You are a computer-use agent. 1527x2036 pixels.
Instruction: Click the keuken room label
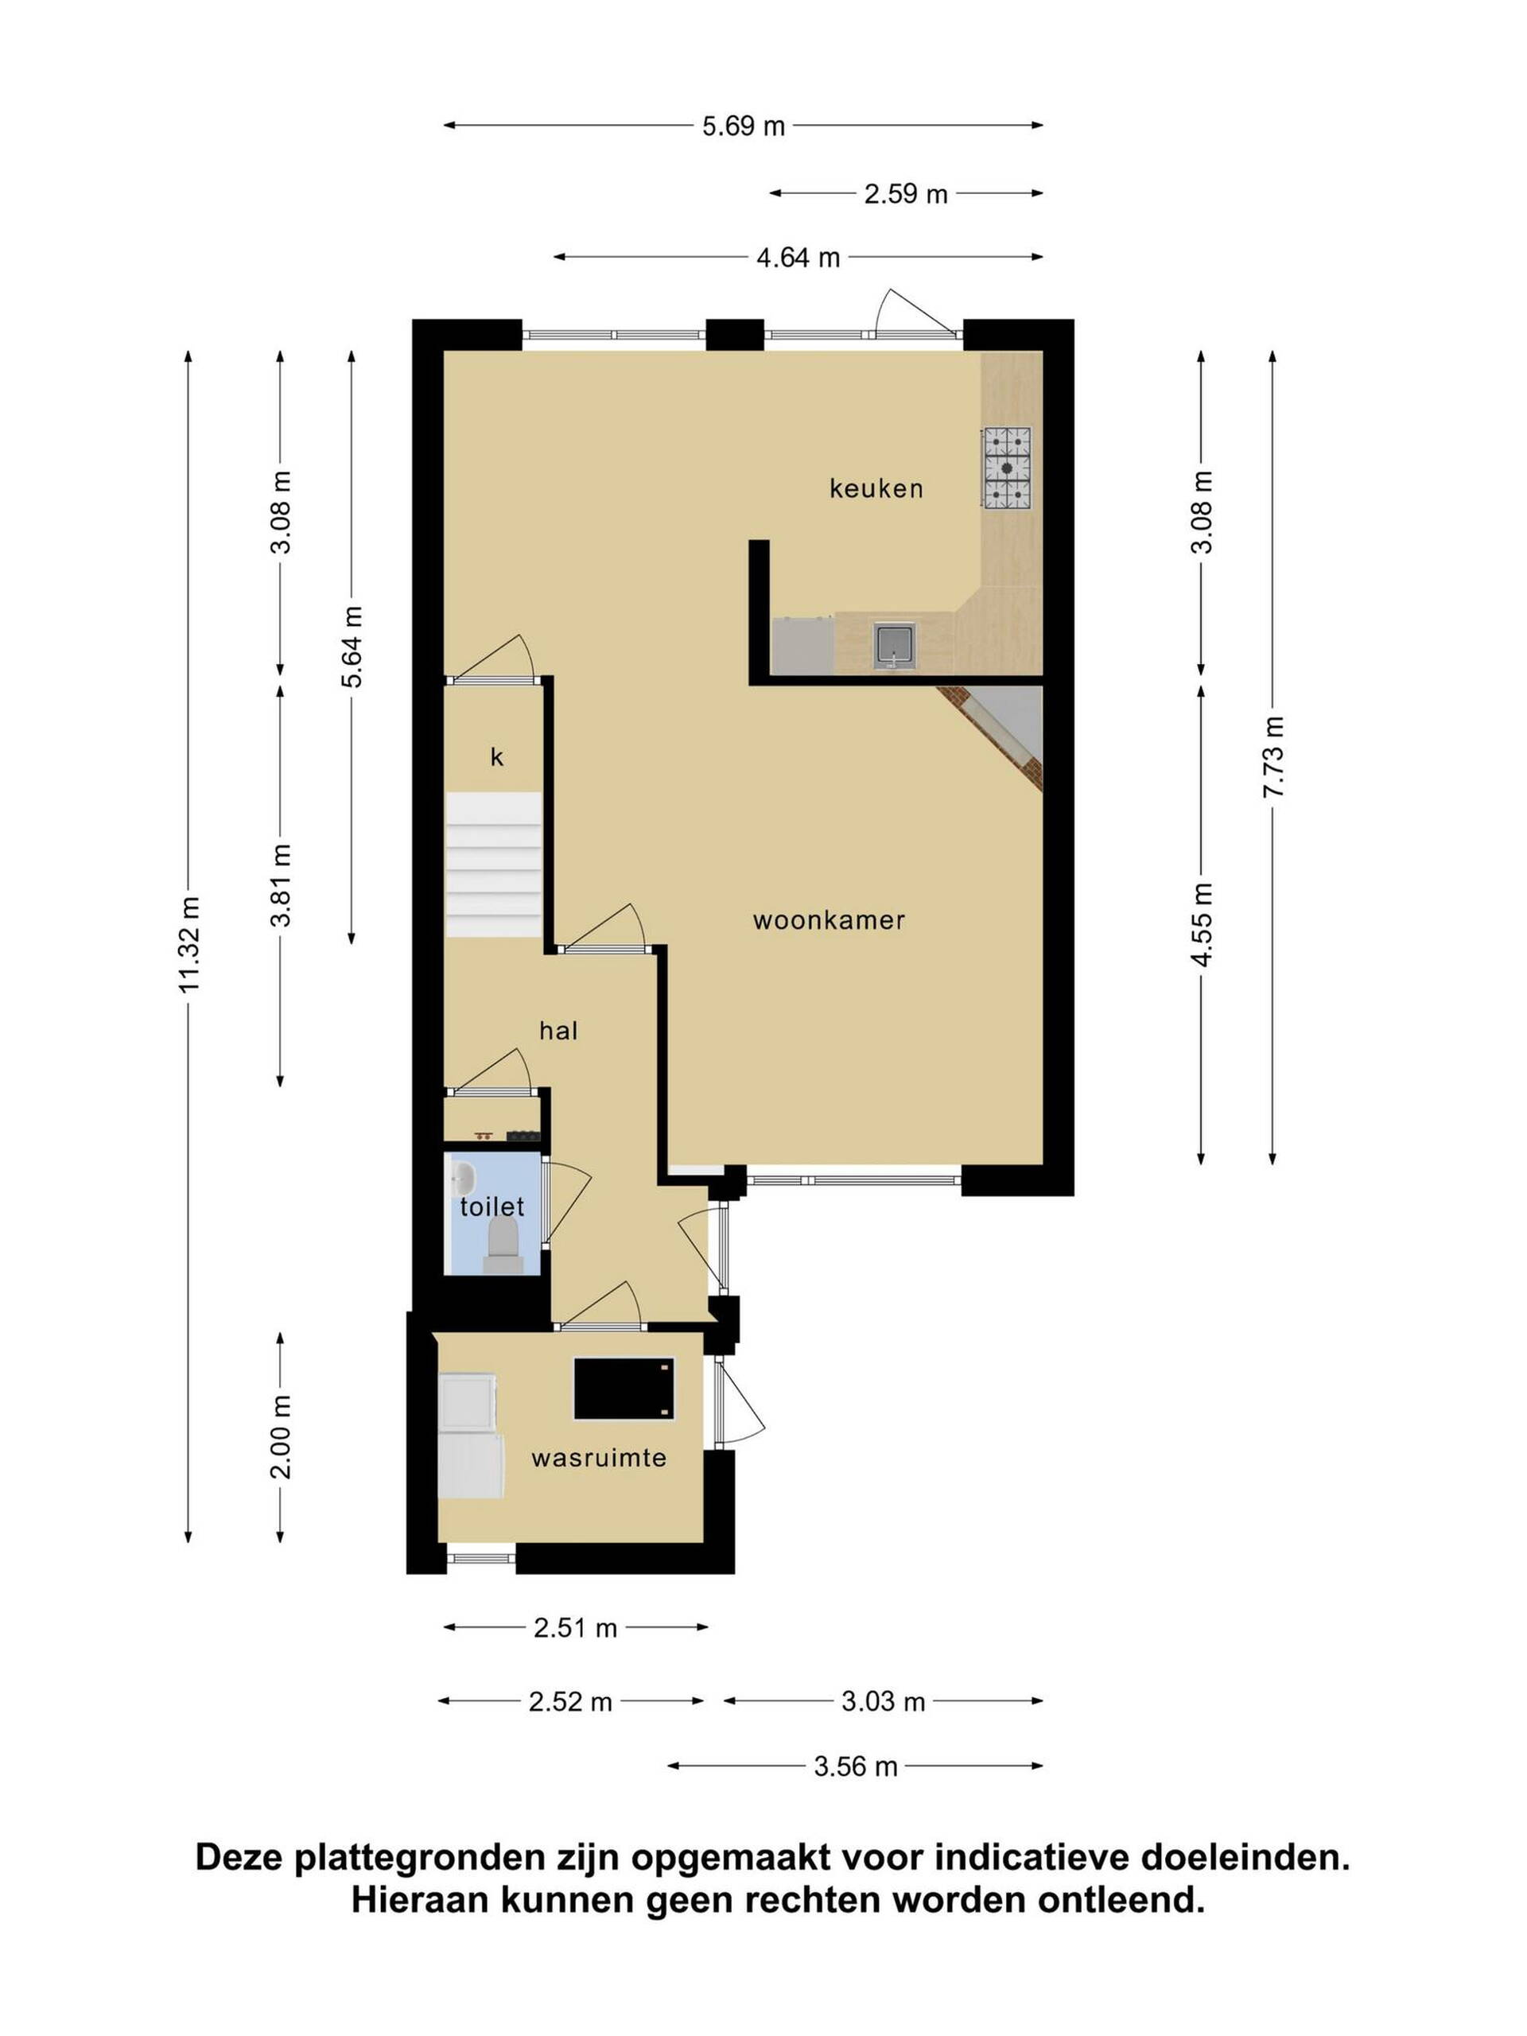(876, 488)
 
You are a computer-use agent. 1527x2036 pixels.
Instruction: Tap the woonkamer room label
(829, 919)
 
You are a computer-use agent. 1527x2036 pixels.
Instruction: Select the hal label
(558, 1030)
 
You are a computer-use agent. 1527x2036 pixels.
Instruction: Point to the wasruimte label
(598, 1457)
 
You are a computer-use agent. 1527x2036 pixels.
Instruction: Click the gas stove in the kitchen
(1006, 468)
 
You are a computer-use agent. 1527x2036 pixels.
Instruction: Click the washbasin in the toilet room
(462, 1177)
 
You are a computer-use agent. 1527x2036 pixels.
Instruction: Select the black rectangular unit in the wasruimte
(624, 1388)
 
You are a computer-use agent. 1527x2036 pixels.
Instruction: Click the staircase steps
(493, 866)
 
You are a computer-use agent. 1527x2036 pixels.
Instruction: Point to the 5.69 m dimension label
(743, 126)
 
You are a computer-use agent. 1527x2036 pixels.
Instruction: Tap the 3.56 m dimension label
(855, 1766)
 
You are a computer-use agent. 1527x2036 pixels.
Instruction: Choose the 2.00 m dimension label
(281, 1437)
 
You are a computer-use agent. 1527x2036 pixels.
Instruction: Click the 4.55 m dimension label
(1201, 924)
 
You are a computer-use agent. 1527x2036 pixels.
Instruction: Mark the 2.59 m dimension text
(906, 194)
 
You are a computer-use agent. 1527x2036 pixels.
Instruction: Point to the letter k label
(497, 756)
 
